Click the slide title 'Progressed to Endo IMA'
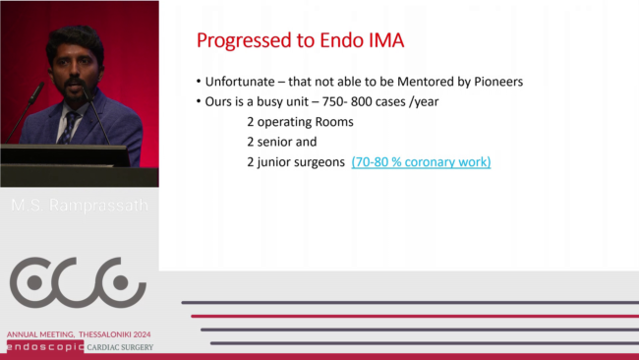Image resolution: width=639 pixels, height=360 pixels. [x=301, y=40]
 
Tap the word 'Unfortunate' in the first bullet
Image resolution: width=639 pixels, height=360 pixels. [x=240, y=82]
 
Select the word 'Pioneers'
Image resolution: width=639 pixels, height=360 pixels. [x=498, y=82]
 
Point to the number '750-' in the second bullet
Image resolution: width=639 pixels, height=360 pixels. [x=334, y=101]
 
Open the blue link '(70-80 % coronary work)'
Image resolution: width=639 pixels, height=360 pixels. [x=421, y=162]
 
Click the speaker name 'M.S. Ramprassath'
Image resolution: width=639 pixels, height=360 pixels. [x=80, y=205]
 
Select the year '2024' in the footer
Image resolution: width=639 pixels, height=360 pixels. [x=142, y=334]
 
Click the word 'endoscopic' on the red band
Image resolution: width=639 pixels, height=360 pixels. [x=45, y=347]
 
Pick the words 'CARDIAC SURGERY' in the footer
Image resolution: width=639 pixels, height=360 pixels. [x=120, y=347]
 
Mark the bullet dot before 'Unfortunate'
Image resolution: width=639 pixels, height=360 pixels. [x=199, y=82]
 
